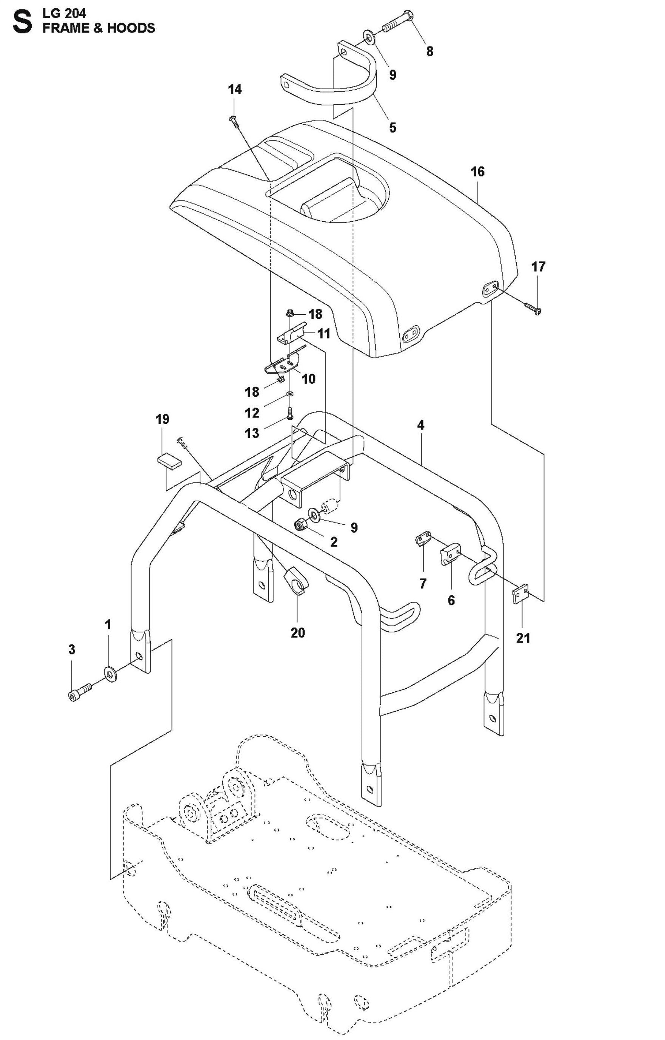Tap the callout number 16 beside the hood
pyautogui.click(x=477, y=172)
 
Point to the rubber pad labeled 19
pyautogui.click(x=169, y=462)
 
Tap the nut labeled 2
pyautogui.click(x=300, y=525)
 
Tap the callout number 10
pyautogui.click(x=308, y=379)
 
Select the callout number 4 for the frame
pyautogui.click(x=420, y=425)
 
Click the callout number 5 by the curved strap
pyautogui.click(x=392, y=128)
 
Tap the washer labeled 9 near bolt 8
pyautogui.click(x=369, y=38)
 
